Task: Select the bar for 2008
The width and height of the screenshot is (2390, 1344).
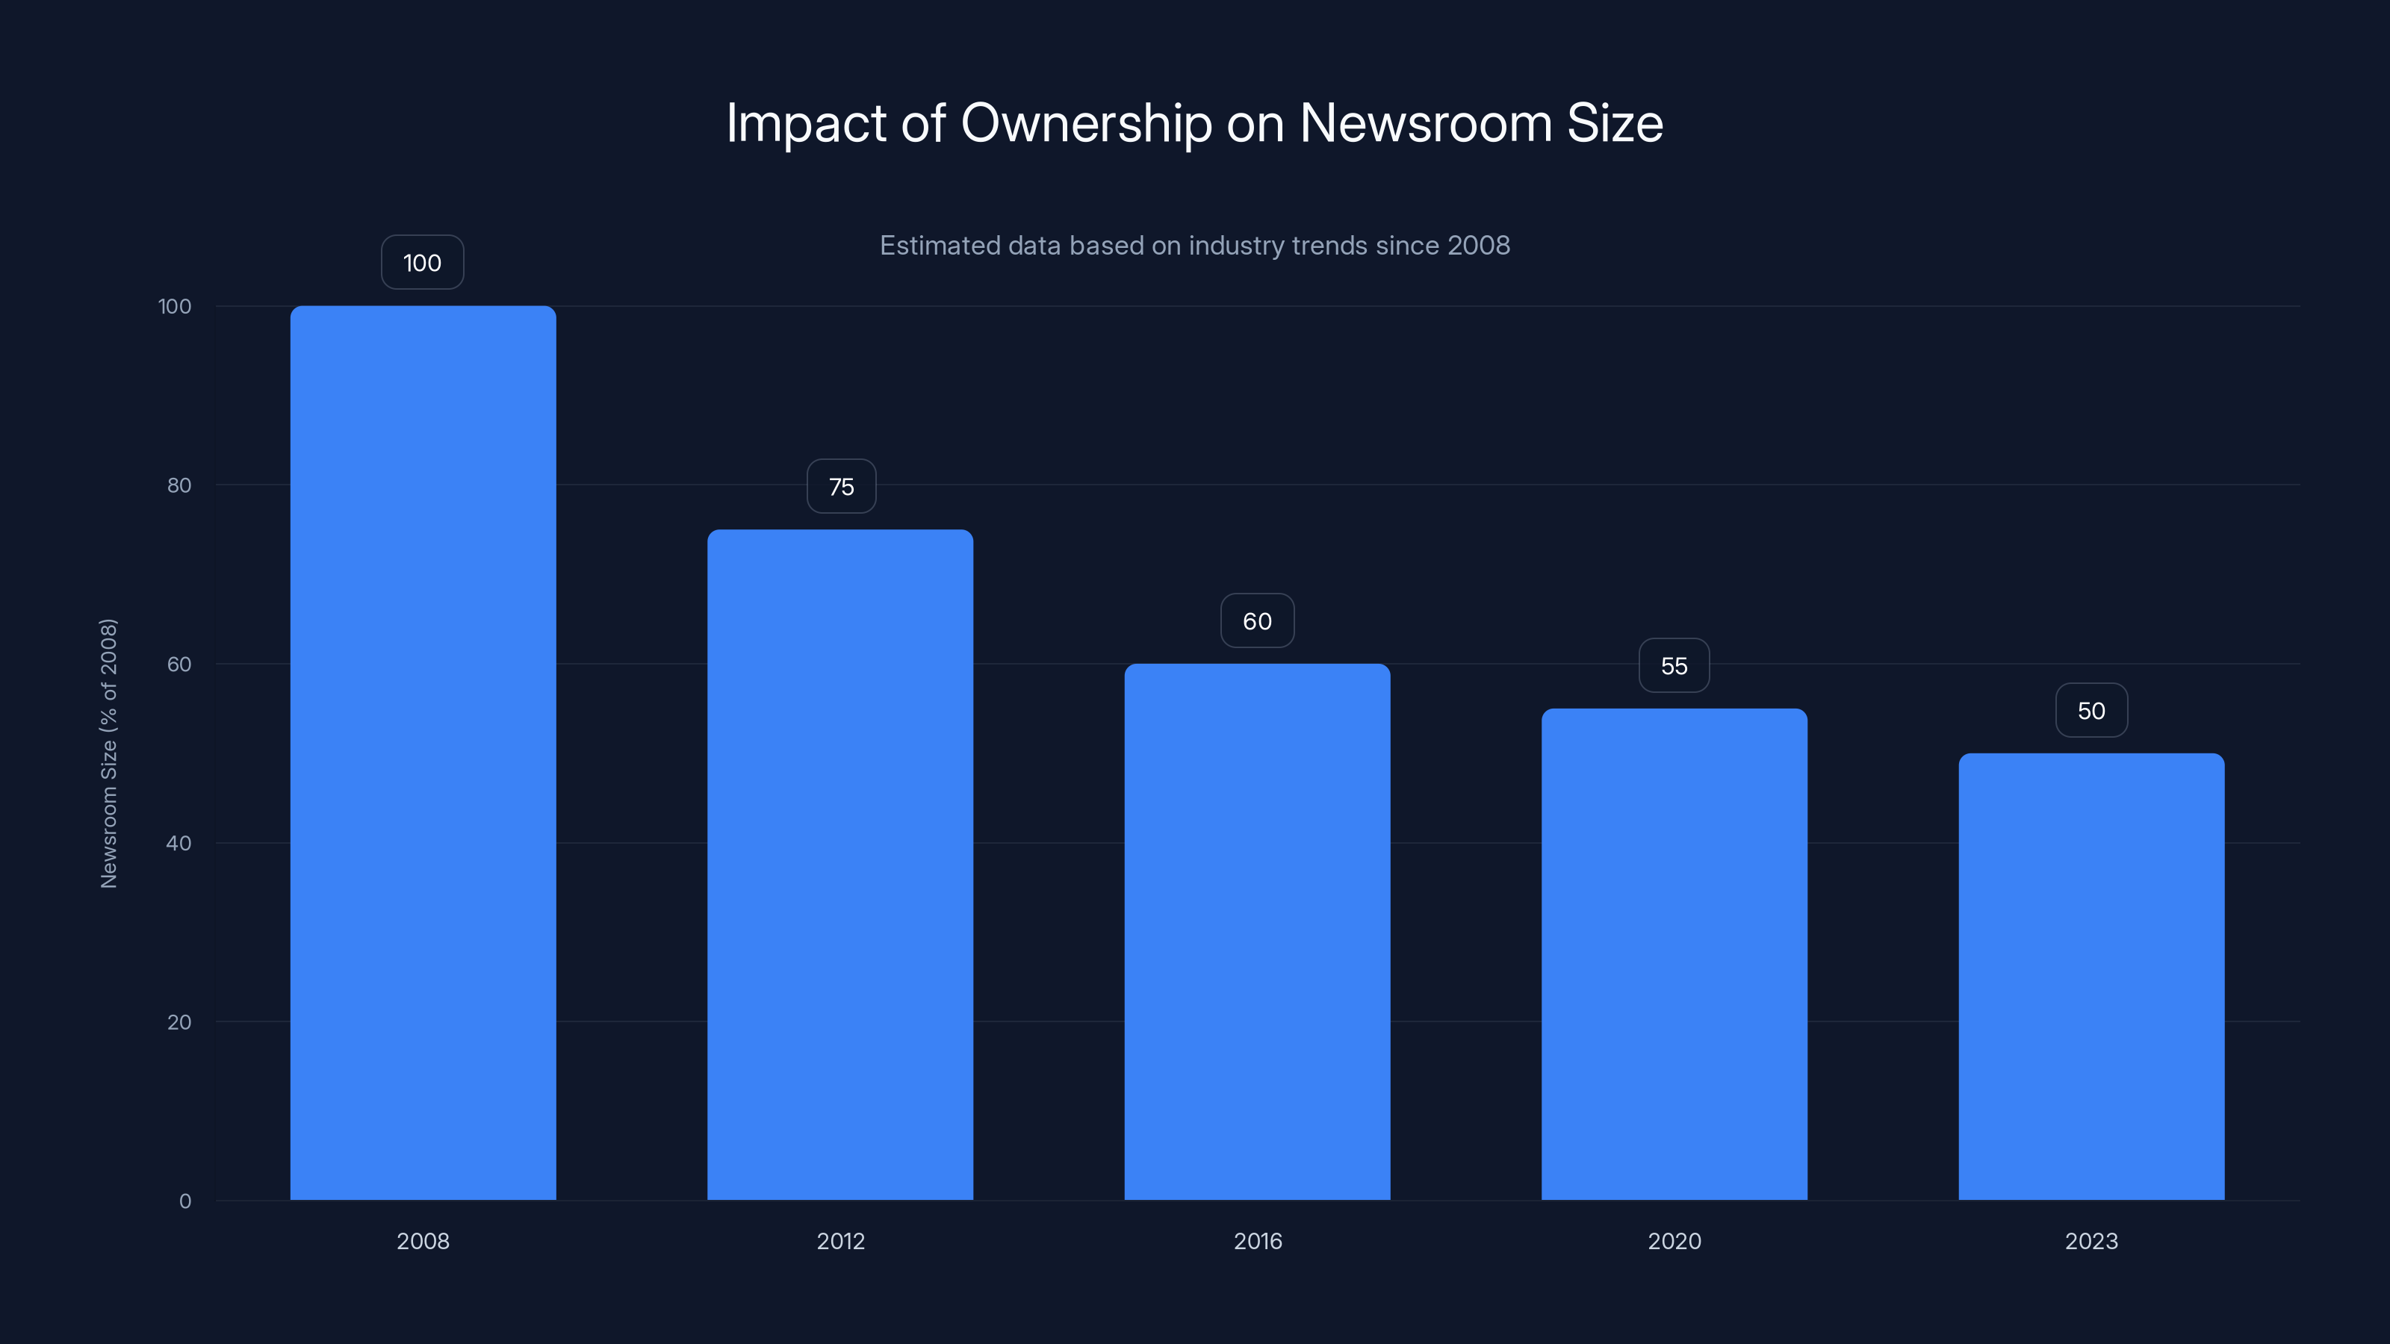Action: tap(423, 752)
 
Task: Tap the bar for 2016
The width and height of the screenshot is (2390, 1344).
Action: tap(1257, 931)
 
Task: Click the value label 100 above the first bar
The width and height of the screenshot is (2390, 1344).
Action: tap(422, 263)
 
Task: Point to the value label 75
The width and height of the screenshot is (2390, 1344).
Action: tap(840, 486)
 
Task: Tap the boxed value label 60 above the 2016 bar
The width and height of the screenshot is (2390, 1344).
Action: tap(1257, 620)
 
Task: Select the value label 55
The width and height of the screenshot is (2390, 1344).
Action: tap(1674, 665)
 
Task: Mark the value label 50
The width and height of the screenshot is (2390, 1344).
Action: tap(2091, 711)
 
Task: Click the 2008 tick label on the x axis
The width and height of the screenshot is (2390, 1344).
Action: tap(423, 1241)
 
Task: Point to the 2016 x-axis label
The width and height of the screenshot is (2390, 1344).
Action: tap(1257, 1241)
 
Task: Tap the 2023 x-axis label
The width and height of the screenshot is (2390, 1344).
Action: tap(2091, 1241)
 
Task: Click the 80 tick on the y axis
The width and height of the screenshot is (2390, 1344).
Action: tap(179, 485)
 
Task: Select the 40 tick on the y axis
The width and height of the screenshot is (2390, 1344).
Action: tap(179, 843)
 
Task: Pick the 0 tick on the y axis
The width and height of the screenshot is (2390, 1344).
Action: tap(184, 1201)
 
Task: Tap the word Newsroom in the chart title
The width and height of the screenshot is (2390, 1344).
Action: tap(1425, 123)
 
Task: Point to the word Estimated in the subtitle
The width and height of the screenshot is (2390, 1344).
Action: tap(939, 246)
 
